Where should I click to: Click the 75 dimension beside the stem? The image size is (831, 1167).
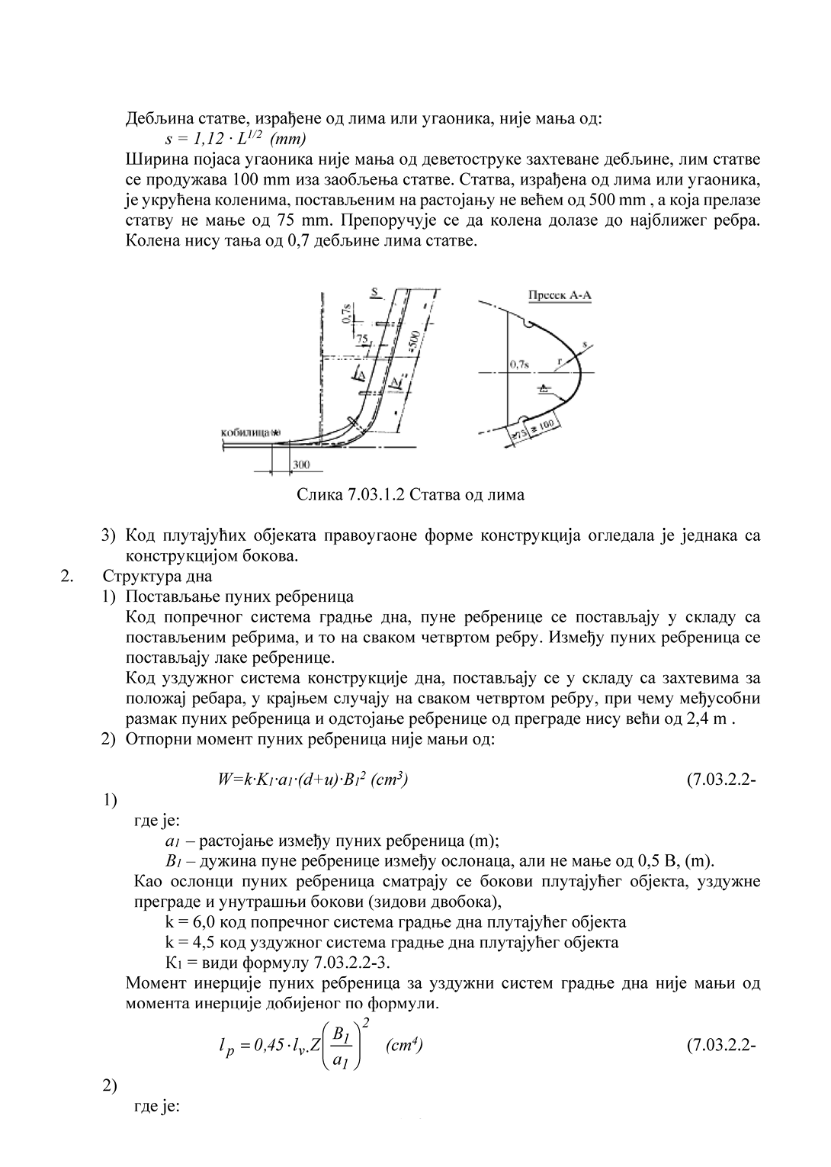click(361, 337)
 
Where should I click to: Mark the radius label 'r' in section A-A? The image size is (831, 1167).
click(559, 362)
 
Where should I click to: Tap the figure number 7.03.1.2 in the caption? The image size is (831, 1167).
click(373, 495)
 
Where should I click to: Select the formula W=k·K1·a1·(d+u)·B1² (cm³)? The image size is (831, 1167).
click(312, 780)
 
